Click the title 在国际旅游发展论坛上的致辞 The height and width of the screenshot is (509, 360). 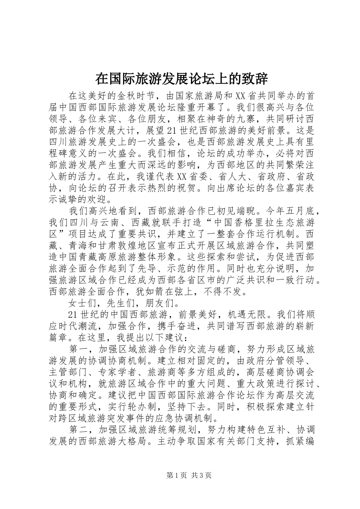click(x=182, y=79)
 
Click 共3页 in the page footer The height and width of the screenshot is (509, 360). click(x=201, y=475)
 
